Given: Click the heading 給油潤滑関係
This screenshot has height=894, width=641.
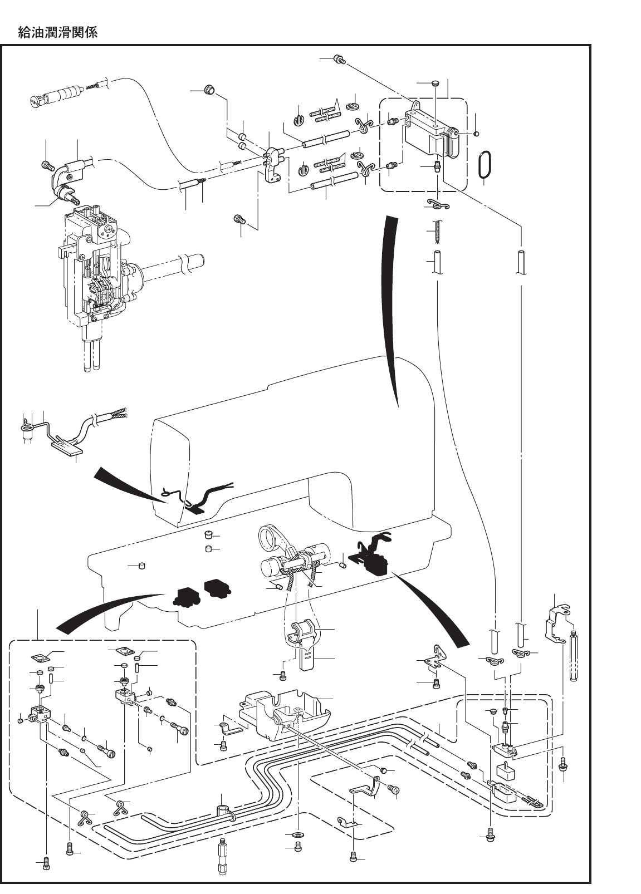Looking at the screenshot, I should click(57, 33).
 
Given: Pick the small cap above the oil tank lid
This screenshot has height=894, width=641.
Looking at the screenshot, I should click(435, 83).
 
